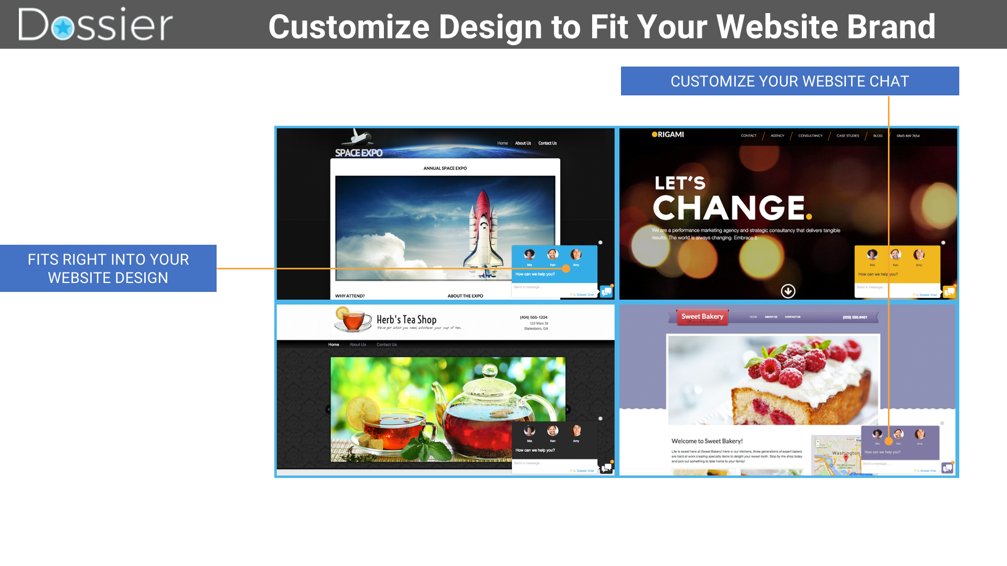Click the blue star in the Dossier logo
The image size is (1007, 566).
point(63,27)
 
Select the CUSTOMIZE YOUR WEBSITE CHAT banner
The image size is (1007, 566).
point(789,81)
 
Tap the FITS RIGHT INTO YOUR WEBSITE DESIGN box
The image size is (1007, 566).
point(108,268)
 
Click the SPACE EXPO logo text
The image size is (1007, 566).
point(359,153)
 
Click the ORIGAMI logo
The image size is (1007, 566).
point(668,135)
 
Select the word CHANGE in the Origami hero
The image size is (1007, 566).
point(730,208)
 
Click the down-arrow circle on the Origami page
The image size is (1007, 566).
point(788,291)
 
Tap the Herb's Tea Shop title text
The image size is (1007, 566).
point(406,319)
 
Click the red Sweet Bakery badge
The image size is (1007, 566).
point(702,317)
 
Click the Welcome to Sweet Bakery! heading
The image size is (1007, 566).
point(706,441)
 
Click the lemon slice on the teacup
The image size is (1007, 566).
point(361,411)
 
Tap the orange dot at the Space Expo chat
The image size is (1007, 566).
point(566,268)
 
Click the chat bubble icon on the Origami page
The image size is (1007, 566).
point(949,291)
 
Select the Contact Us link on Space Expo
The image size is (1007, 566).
point(547,143)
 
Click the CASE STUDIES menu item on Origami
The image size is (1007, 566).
point(848,136)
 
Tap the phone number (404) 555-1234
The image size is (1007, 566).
point(533,317)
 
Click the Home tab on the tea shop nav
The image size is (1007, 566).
point(334,344)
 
